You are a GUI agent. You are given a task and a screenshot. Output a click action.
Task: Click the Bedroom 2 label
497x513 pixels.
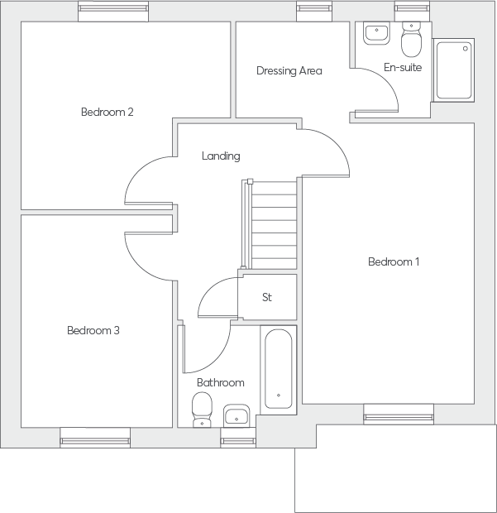(108, 112)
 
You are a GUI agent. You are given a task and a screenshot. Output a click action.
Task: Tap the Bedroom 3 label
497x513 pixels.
(93, 330)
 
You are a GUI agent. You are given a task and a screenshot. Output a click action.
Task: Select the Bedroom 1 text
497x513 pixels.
(394, 261)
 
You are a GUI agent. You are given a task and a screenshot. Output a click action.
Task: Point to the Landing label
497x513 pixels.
(221, 156)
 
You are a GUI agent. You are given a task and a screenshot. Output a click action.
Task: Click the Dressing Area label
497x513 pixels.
(289, 70)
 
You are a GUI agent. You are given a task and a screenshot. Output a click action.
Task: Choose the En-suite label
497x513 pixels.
(403, 67)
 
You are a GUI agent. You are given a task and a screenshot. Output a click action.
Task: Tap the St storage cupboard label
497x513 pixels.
(267, 297)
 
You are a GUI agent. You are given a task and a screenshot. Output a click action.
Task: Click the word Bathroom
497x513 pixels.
(221, 382)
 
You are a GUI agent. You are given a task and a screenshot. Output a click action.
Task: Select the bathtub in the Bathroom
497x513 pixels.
(278, 370)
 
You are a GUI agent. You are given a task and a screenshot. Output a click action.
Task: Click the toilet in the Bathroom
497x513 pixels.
(202, 410)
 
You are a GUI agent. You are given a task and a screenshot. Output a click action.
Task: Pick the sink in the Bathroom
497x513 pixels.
(237, 416)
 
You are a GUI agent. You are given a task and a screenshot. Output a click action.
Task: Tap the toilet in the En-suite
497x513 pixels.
(411, 39)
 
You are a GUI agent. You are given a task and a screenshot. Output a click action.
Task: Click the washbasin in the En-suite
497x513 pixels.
(376, 33)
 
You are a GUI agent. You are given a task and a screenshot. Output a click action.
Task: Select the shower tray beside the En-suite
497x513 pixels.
(454, 70)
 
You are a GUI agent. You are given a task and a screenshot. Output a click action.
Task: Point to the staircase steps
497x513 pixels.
(274, 225)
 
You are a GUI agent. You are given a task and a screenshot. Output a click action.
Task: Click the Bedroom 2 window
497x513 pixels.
(113, 12)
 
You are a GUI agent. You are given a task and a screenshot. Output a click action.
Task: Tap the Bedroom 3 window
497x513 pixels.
(95, 438)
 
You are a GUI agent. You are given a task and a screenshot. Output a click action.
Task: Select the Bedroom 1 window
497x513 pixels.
(399, 415)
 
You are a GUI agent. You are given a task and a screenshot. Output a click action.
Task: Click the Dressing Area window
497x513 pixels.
(314, 12)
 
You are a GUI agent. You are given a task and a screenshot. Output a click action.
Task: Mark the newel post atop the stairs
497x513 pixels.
(250, 181)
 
